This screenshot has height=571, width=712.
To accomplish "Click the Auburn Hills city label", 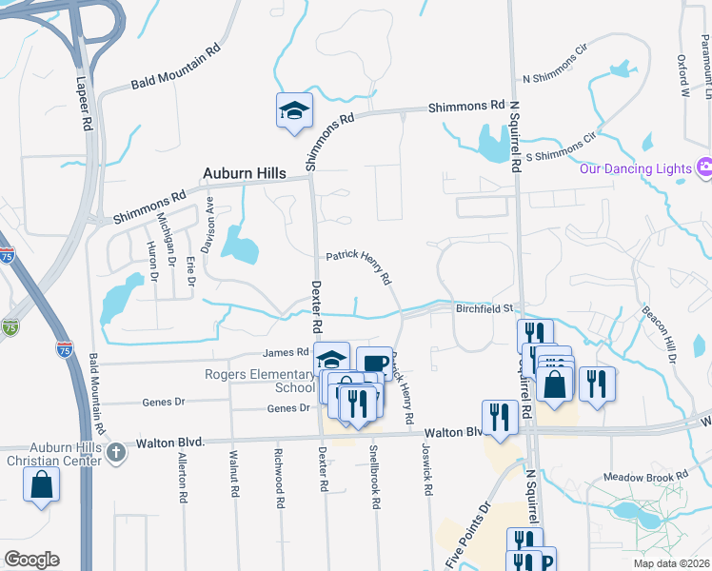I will [245, 174].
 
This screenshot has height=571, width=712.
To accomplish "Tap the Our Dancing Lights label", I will [634, 169].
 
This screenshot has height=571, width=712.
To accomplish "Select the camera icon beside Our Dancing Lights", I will [704, 168].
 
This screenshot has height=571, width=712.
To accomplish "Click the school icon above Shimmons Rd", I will [294, 111].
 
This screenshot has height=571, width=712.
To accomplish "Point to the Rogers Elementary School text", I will [259, 381].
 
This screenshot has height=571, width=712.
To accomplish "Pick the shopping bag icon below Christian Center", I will [43, 485].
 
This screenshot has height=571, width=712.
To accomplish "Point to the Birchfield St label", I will [485, 308].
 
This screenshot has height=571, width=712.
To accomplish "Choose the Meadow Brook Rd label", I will [644, 477].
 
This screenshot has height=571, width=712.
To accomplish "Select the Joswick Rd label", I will [428, 472].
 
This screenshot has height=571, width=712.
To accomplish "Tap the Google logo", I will [31, 560].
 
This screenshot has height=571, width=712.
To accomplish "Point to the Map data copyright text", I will [670, 563].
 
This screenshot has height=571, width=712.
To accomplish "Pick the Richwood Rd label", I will [279, 476].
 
